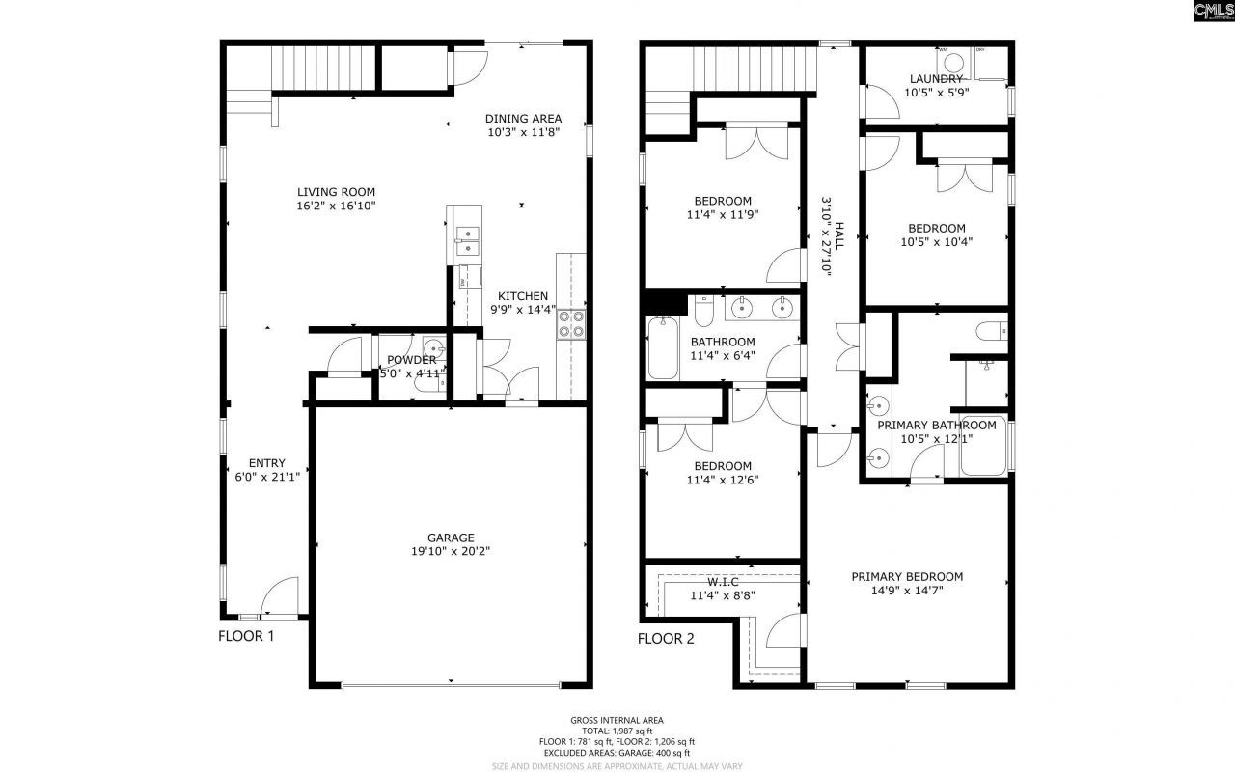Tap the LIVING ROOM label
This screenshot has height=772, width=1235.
tap(336, 192)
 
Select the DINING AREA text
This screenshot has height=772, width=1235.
tap(523, 119)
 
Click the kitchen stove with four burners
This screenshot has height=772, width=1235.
tap(571, 323)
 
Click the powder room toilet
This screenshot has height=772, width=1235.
tap(427, 384)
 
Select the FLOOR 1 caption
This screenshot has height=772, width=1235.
tap(246, 637)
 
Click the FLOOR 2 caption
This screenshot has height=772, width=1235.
tap(666, 638)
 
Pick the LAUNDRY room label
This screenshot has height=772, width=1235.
tap(935, 79)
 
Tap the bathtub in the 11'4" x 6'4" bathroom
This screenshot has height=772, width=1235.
tap(664, 348)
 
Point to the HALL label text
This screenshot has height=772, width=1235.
tap(839, 237)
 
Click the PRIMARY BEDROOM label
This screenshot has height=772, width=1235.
tap(907, 577)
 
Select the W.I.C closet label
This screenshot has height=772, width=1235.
tap(722, 582)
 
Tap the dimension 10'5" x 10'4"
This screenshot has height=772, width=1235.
tap(936, 242)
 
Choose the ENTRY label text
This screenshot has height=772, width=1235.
tap(266, 462)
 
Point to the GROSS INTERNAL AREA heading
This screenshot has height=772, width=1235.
tap(617, 720)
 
